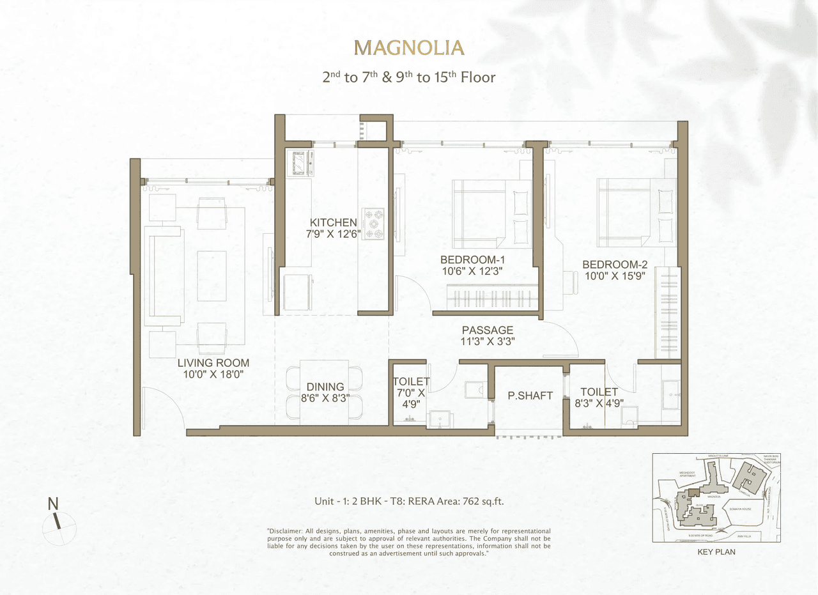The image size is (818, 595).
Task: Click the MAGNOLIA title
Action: pos(409,48)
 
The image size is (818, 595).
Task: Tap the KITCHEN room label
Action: pos(333,222)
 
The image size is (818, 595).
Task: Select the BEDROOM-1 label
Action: pos(472,260)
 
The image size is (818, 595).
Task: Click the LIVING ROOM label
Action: pos(213,363)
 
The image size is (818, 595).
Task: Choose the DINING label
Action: pos(325,387)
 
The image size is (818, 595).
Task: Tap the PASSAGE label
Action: pos(488,330)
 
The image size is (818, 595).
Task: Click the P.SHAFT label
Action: pos(530,396)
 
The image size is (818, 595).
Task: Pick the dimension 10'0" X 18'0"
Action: pos(213,375)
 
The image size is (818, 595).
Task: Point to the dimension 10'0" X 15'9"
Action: pos(614,276)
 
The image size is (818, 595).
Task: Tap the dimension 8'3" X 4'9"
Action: pos(599,403)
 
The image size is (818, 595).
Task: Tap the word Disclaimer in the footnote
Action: pos(288,532)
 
